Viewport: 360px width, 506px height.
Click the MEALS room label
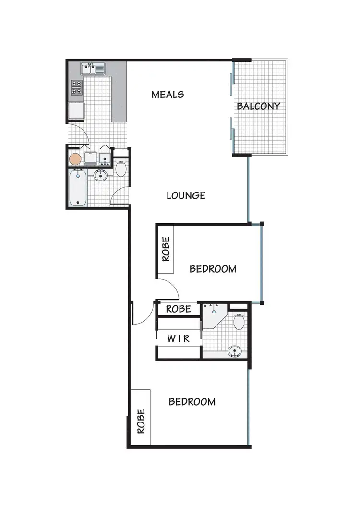pos(168,94)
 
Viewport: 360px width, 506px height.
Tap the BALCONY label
pos(258,106)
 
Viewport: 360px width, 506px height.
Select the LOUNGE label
pos(186,195)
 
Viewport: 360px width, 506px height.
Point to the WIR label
pos(178,339)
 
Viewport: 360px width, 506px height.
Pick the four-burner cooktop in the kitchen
pos(77,87)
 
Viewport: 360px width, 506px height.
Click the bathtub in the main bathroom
pos(77,188)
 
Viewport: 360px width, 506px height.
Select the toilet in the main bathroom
pos(121,169)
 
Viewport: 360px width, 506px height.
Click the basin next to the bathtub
pos(101,176)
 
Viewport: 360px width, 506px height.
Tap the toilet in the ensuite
pos(240,321)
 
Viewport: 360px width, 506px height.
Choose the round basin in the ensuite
pos(235,351)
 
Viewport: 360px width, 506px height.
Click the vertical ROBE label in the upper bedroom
pos(166,250)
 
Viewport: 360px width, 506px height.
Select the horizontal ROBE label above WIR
pos(178,309)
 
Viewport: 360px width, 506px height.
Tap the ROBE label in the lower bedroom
pos(141,421)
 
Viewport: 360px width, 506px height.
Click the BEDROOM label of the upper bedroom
pos(213,269)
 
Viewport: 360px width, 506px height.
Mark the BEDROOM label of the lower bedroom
pos(192,402)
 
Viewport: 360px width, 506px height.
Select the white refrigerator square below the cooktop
pos(77,111)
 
